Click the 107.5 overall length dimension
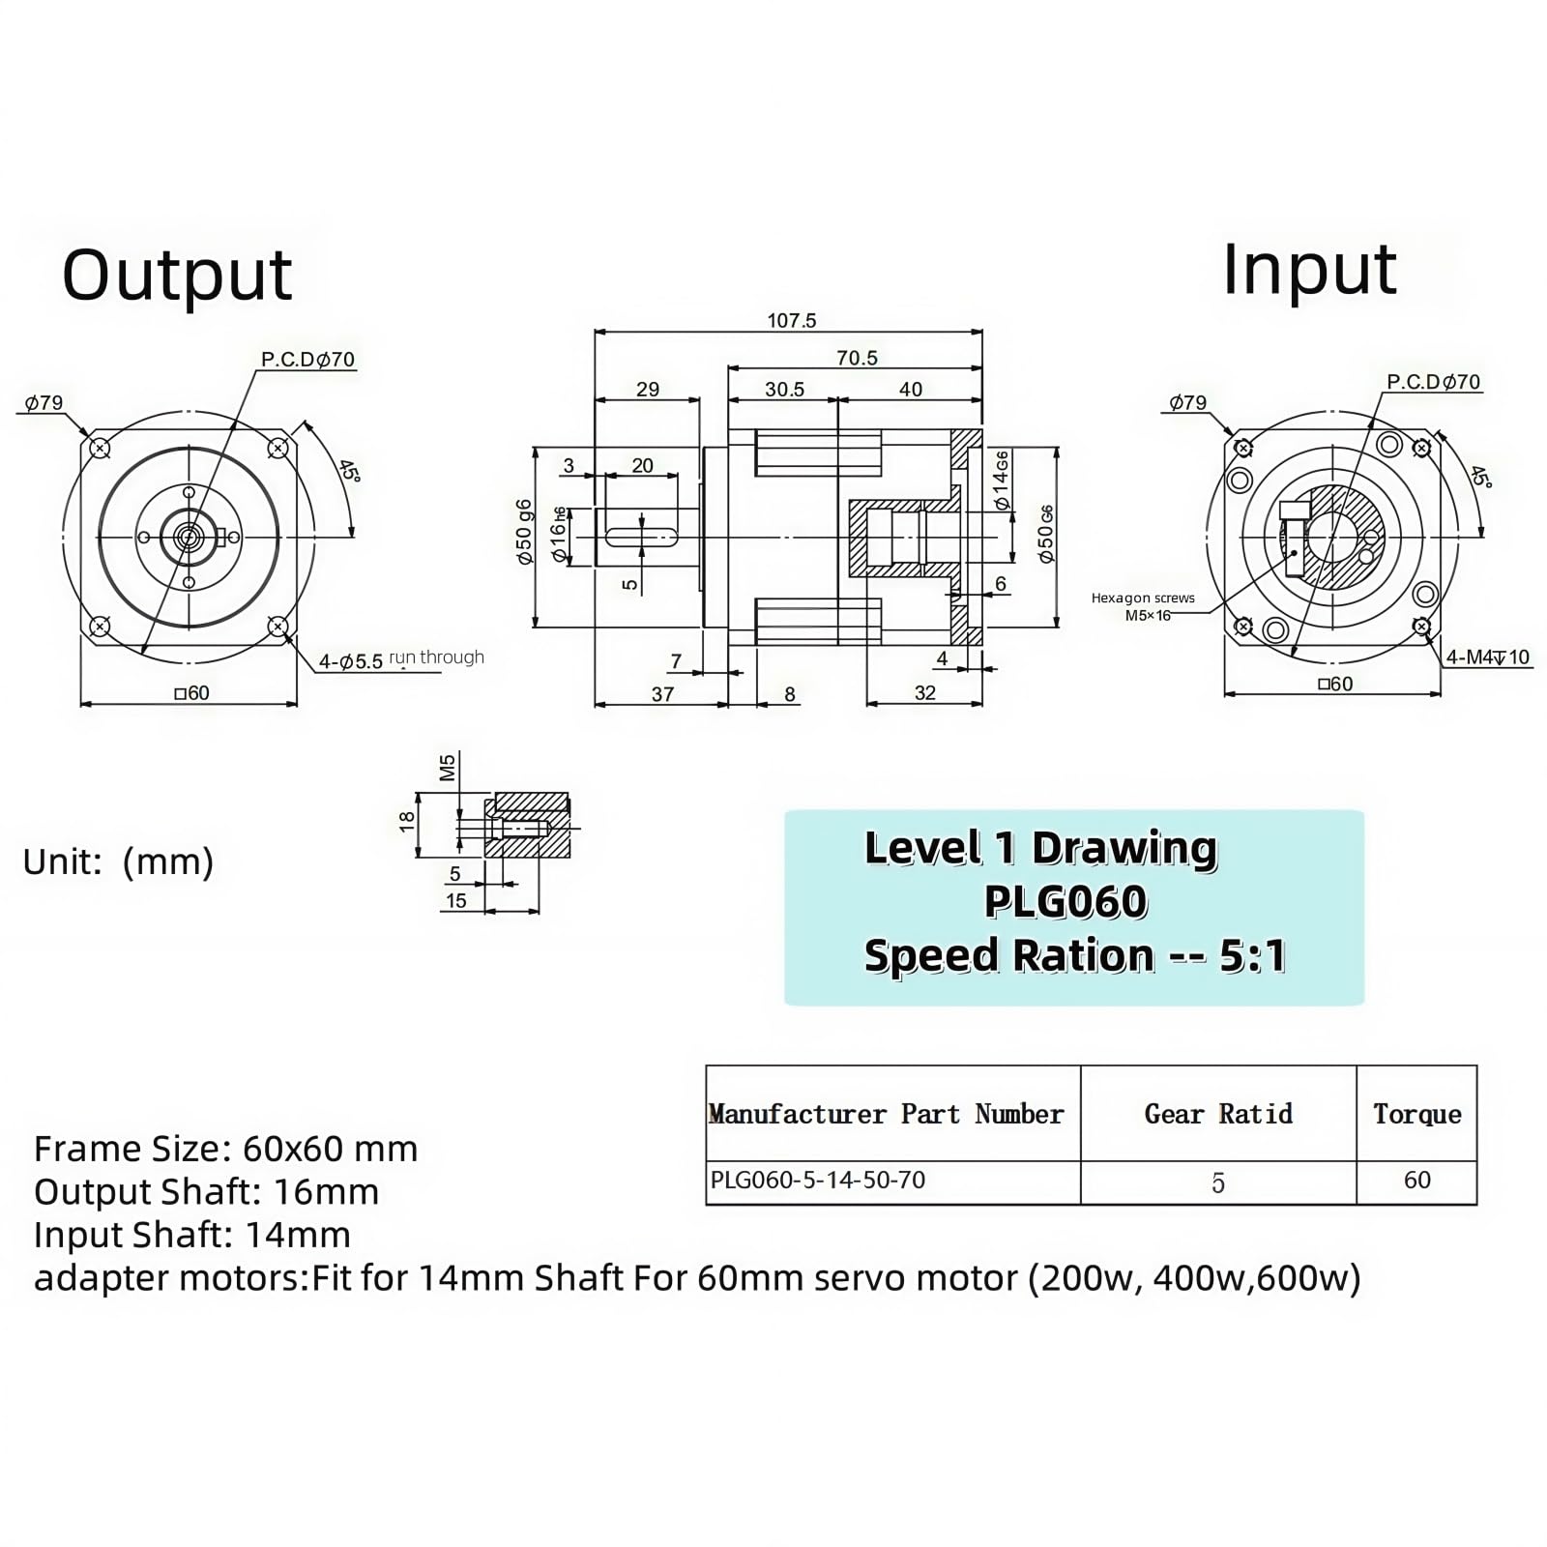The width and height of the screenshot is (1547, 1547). coord(792,320)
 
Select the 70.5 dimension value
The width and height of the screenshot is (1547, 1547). coord(857,358)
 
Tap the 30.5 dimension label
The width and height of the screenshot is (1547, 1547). coord(784,389)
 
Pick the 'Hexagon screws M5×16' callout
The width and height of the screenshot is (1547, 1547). coord(1143,606)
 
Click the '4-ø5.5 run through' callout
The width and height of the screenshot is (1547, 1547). coord(401,659)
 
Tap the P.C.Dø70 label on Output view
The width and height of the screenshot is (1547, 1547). coord(307,360)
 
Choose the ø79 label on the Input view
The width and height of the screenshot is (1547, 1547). coord(1187,402)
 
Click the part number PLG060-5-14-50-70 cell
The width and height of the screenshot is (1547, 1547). coord(818,1180)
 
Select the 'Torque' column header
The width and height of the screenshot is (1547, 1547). coord(1416,1114)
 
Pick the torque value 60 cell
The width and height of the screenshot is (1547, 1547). coord(1416,1180)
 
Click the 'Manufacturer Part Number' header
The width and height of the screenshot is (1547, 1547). coord(886,1114)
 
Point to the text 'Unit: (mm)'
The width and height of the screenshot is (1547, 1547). coord(118,861)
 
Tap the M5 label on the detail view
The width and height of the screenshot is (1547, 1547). coord(447,767)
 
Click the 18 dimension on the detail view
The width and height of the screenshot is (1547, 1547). coord(407,822)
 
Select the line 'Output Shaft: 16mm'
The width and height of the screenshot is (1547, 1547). coord(206,1192)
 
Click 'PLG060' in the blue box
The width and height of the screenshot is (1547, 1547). coord(1065,901)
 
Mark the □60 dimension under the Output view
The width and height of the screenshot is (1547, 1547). coord(191,693)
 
